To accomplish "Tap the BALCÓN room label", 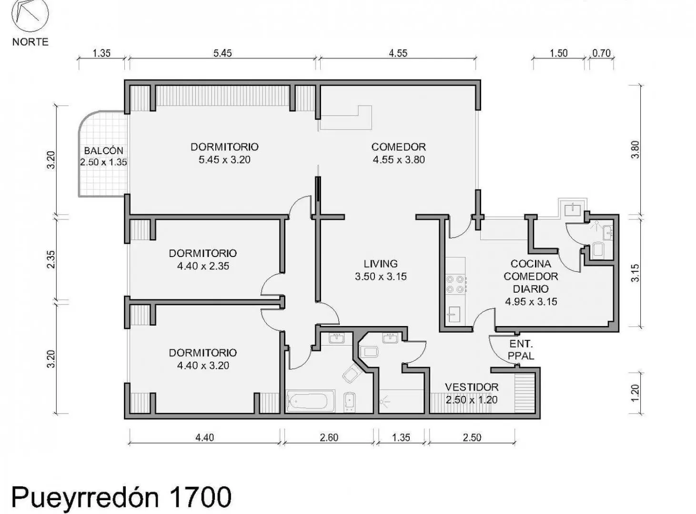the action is point(103,150).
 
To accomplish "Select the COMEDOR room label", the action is point(399,147).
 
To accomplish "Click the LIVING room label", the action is point(381,264).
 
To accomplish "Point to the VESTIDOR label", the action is point(472,387).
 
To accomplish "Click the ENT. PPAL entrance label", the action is point(521,350).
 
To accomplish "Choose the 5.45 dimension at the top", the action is point(222,53).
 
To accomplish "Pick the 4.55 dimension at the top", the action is point(398,53).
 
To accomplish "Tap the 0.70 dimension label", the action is point(601,53).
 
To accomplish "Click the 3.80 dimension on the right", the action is point(635,150).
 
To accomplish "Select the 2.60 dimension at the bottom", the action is point(329,437).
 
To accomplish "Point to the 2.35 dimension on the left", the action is point(51,259).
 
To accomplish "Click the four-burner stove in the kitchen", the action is point(455,284).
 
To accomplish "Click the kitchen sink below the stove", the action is point(453,315).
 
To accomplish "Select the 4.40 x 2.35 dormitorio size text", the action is point(203,266).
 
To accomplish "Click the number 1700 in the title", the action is point(200,497).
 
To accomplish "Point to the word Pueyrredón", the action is point(85,498).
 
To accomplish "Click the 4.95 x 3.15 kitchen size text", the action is point(531,301).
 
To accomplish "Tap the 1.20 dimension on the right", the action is point(635,393).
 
